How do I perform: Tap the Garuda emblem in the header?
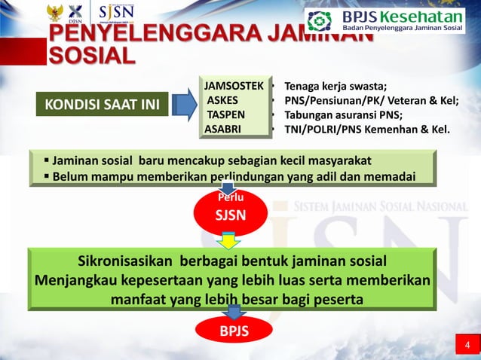click(54, 13)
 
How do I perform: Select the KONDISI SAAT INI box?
click(101, 105)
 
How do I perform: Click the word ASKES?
click(222, 100)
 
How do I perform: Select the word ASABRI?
click(223, 129)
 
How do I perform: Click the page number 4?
click(467, 346)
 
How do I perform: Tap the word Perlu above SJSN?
click(231, 197)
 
